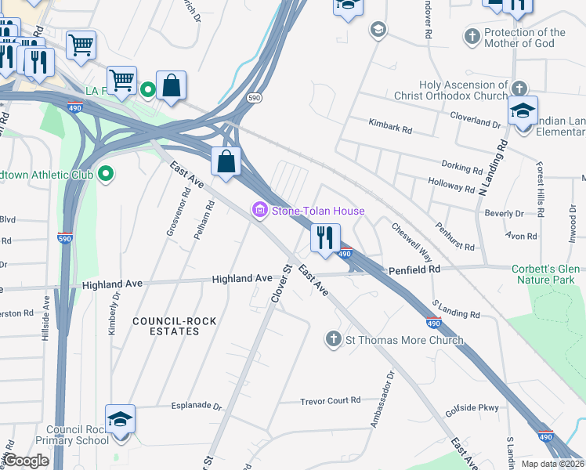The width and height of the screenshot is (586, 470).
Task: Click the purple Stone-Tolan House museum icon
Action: pyautogui.click(x=259, y=211)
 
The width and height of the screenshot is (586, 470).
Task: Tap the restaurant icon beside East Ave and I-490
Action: pyautogui.click(x=325, y=237)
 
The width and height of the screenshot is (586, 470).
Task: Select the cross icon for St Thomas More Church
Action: pyautogui.click(x=333, y=339)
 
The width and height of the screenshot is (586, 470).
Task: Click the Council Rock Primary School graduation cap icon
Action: pyautogui.click(x=120, y=419)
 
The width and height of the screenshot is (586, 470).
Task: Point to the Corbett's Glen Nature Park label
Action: pyautogui.click(x=545, y=274)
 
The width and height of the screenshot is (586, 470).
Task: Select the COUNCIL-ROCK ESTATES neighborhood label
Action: pyautogui.click(x=165, y=326)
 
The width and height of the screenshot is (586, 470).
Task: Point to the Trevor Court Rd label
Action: pyautogui.click(x=330, y=400)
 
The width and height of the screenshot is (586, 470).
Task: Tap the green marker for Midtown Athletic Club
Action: pyautogui.click(x=106, y=175)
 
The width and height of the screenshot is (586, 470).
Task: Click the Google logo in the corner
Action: pyautogui.click(x=27, y=461)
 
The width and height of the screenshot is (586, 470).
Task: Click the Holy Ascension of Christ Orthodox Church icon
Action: pyautogui.click(x=519, y=86)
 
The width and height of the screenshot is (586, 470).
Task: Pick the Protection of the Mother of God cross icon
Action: pyautogui.click(x=472, y=36)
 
